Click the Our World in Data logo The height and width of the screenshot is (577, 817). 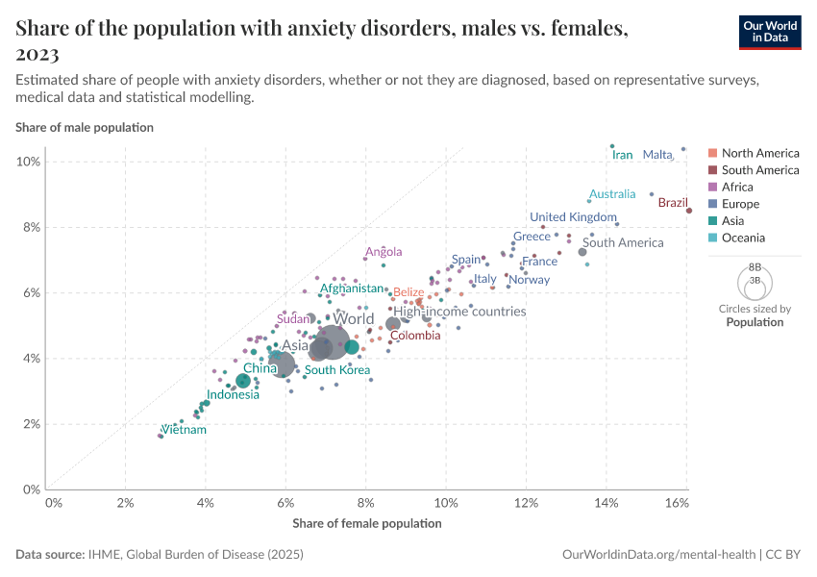coord(770,32)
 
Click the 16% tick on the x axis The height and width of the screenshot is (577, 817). coord(677,503)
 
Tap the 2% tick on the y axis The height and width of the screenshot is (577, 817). coord(31,424)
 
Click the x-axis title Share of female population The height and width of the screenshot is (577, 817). coord(366,523)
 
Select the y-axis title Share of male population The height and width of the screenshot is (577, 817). coord(85,127)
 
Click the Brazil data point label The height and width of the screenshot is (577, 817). coord(673,203)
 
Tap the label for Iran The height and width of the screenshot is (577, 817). coord(623,155)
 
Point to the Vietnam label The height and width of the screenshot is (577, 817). coord(184,430)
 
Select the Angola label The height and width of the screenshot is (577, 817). coord(384,253)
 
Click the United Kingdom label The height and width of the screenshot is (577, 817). coord(573,217)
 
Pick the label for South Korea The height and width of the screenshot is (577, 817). coord(337,370)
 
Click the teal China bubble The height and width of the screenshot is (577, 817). coord(243,381)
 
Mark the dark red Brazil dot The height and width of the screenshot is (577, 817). coord(689,211)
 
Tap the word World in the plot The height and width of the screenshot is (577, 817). coord(353,319)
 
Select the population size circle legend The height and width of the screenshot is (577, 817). coord(755,283)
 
